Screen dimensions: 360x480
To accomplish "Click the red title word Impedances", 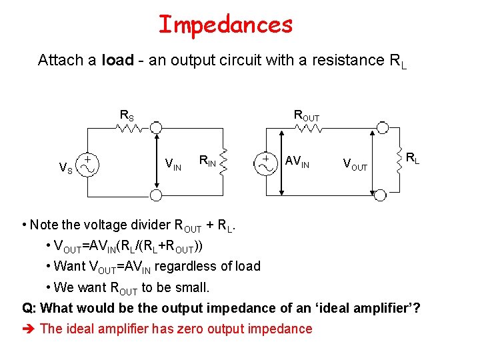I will coord(225,25).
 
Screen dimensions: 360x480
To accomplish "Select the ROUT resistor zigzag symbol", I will coord(306,127).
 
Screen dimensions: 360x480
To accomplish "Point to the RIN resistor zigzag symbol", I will coord(225,159).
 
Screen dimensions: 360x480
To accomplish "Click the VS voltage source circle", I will coord(87,164).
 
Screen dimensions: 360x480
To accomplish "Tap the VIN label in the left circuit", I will coord(173,163).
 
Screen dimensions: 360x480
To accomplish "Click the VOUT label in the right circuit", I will coord(355,163).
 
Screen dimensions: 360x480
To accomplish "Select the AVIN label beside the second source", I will coord(297,161).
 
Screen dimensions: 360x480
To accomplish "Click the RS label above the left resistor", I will coord(126,115).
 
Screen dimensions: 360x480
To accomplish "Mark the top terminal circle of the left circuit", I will coord(155,127).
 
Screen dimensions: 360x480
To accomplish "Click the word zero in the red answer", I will coord(191,329).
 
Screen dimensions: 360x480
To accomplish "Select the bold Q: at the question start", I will coord(29,308).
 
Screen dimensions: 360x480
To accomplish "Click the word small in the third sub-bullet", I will coord(193,287).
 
